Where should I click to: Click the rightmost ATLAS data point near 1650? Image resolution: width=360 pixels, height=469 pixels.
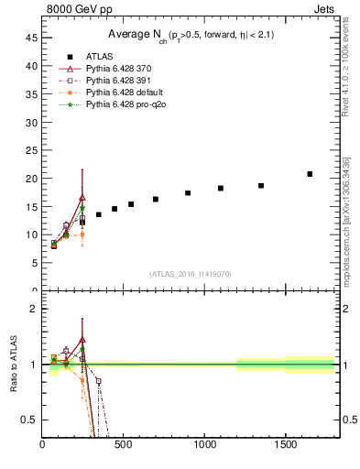click(310, 174)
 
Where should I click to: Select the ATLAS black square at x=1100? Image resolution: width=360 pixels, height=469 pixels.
click(221, 188)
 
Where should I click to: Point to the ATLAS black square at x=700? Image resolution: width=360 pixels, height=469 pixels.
click(156, 199)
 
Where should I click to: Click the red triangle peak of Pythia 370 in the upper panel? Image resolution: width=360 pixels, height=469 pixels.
click(82, 197)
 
